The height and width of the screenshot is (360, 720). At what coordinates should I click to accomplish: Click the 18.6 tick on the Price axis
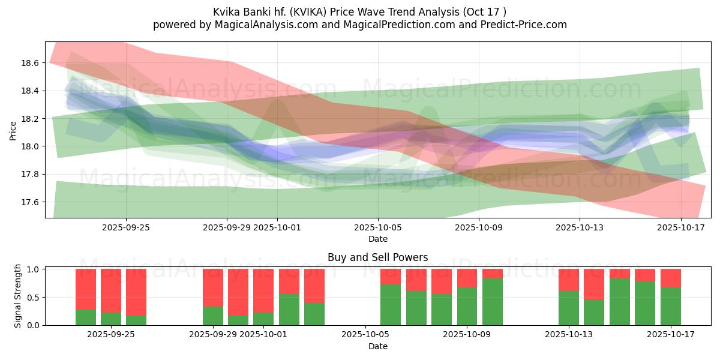(30, 63)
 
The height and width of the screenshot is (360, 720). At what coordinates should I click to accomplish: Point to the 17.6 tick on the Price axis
(30, 202)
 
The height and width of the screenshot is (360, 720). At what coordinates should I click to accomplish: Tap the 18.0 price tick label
(30, 146)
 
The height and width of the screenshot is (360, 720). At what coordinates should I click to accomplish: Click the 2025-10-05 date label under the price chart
(378, 227)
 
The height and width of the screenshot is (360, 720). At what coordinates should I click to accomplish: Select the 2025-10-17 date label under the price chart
(681, 227)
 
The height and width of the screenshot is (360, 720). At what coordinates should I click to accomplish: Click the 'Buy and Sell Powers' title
(377, 257)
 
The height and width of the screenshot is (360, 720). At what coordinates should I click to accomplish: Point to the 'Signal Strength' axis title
(18, 296)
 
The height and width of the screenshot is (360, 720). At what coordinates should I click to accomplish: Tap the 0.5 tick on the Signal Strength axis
(34, 298)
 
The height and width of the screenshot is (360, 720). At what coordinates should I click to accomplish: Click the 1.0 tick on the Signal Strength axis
(34, 269)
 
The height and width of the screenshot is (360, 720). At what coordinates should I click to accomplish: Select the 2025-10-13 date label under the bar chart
(568, 335)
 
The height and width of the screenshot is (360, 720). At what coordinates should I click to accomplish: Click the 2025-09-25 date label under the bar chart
(111, 335)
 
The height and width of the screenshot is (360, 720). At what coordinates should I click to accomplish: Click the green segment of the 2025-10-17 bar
(670, 306)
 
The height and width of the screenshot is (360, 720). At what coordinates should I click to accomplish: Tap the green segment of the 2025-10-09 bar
(467, 306)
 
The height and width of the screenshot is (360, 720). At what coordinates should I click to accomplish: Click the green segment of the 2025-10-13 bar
(569, 308)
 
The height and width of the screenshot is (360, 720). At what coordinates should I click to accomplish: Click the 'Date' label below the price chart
(377, 239)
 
